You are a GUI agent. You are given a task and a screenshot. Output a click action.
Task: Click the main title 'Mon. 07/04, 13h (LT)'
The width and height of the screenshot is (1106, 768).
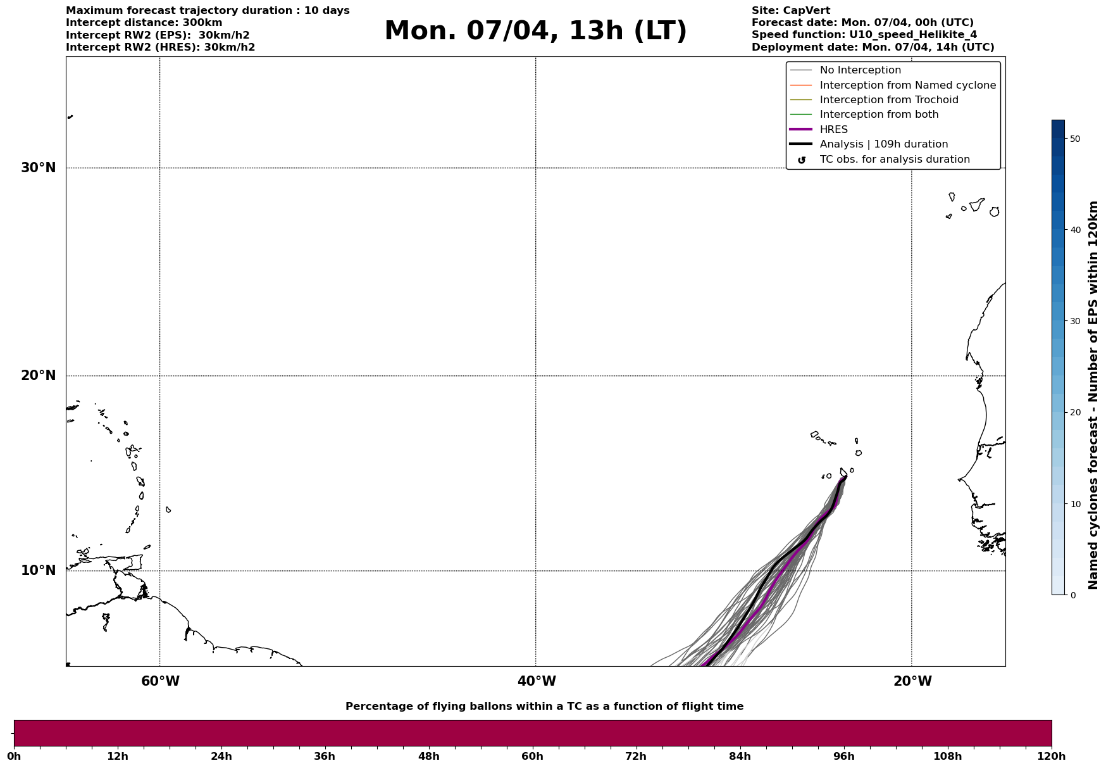(x=535, y=31)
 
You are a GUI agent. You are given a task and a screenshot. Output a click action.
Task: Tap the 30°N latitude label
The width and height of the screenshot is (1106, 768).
(x=38, y=168)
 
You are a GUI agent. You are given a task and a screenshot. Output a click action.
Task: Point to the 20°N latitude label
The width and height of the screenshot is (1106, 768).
(x=38, y=375)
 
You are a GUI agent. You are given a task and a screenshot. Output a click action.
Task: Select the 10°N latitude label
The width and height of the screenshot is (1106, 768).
(x=38, y=570)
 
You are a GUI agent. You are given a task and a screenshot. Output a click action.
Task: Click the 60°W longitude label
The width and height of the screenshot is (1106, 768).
(x=160, y=681)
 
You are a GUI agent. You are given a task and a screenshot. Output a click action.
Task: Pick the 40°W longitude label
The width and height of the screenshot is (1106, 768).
(x=537, y=681)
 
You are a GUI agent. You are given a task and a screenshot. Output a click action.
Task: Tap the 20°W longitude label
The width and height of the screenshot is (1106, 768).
(x=912, y=681)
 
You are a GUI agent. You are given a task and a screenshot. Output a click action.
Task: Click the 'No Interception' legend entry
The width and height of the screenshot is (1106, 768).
(x=860, y=70)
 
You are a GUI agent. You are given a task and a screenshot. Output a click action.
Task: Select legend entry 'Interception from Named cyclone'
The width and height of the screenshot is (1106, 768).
(x=907, y=85)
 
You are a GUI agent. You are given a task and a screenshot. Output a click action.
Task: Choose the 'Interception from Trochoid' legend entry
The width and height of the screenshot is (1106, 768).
(x=888, y=100)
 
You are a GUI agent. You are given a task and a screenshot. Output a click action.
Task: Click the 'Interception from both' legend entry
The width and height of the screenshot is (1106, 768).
(x=879, y=115)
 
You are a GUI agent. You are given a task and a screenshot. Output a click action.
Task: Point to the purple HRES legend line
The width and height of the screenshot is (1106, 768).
(x=801, y=130)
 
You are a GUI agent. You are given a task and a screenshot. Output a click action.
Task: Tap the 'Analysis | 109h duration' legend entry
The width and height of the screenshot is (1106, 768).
(x=883, y=144)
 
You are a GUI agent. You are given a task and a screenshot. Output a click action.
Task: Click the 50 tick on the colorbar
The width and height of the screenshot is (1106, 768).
(x=1074, y=139)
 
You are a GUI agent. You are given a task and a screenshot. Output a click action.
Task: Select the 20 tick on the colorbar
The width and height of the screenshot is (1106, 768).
(x=1074, y=413)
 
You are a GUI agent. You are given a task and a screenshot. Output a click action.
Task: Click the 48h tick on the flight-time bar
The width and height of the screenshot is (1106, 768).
(x=428, y=757)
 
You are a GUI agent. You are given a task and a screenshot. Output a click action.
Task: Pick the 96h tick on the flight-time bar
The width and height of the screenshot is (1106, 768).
(x=843, y=757)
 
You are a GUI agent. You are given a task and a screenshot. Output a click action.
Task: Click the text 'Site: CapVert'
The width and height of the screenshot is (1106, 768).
(x=790, y=11)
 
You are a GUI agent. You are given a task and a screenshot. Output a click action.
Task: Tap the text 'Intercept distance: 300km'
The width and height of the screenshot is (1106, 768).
(x=144, y=23)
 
